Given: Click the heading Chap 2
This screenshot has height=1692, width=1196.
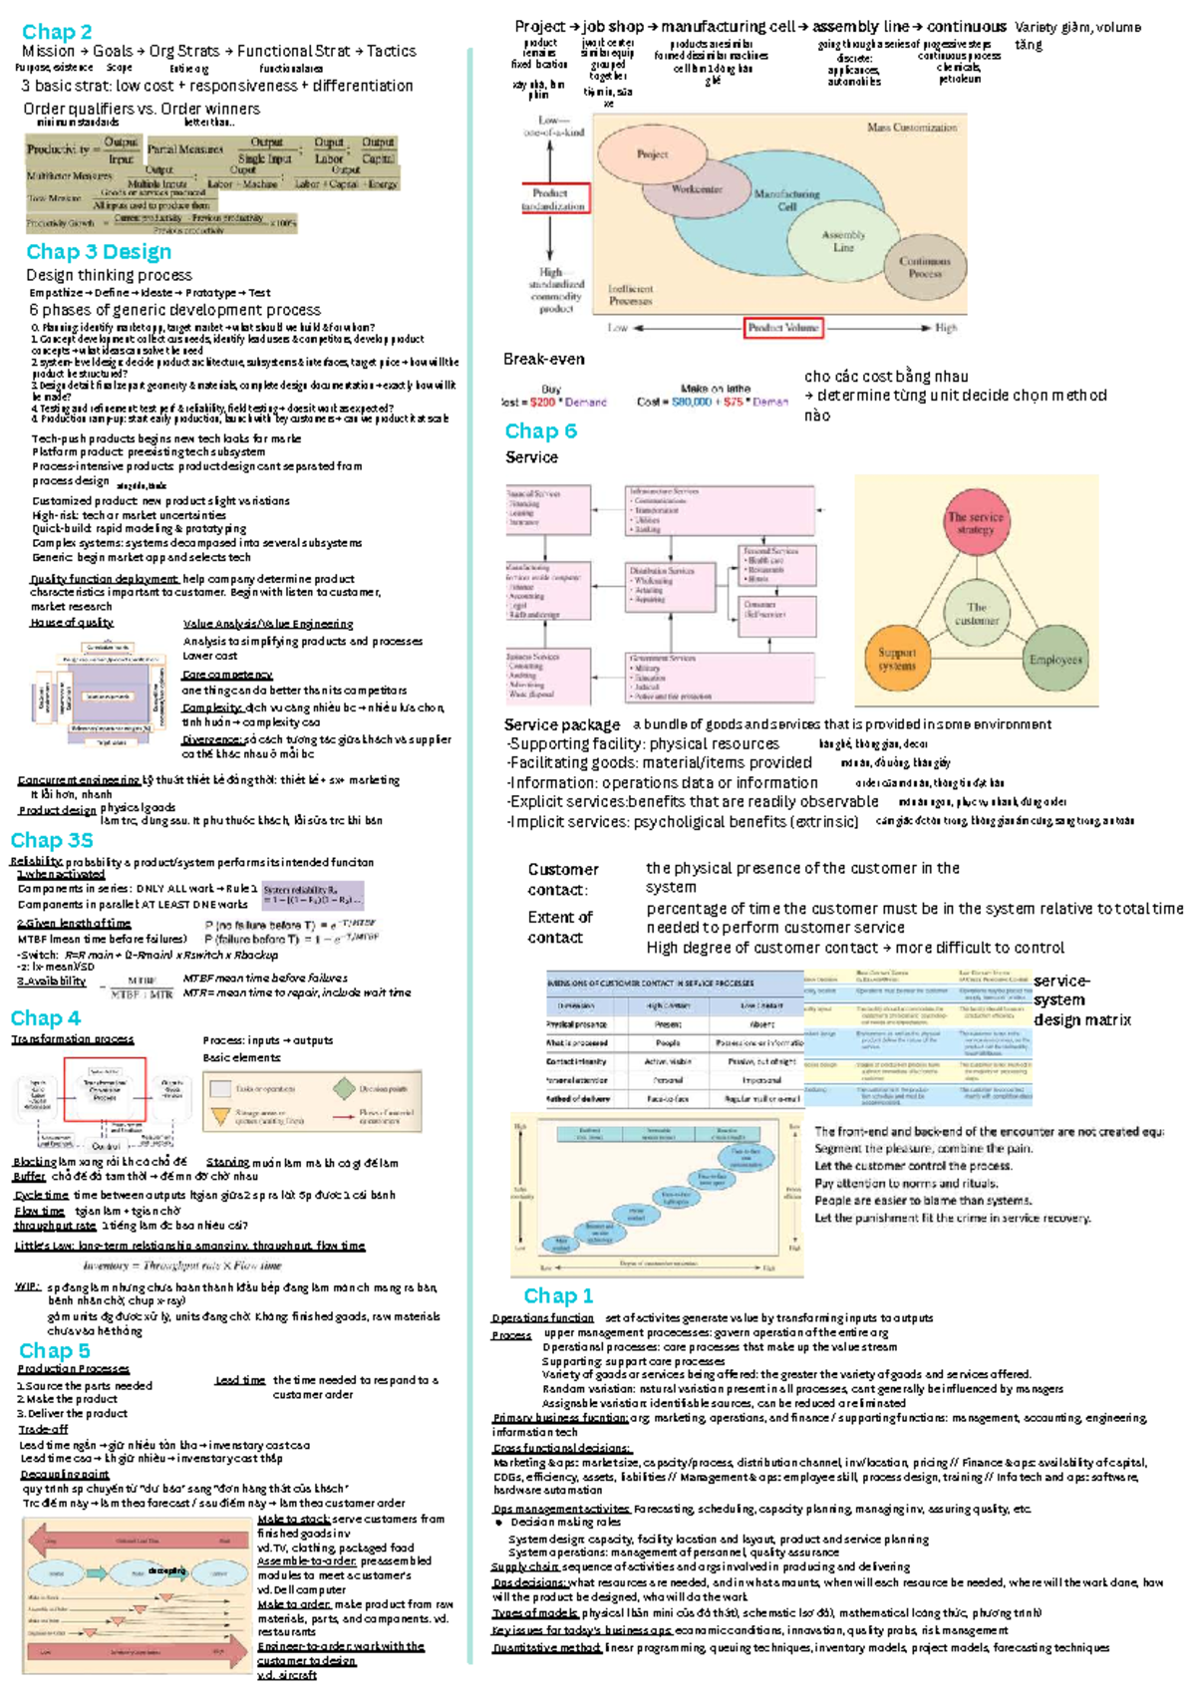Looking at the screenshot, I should point(57,32).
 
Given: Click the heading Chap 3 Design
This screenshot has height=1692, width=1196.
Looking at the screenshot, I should point(99,252).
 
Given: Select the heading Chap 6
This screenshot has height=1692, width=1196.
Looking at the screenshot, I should point(540,431).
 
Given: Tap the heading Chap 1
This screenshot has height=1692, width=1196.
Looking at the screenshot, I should point(558,1295).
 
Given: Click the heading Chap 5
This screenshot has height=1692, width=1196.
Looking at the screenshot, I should point(55,1351).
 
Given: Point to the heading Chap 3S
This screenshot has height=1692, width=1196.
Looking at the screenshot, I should point(52,840).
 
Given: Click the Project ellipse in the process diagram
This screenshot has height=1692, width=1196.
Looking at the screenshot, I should point(653,154).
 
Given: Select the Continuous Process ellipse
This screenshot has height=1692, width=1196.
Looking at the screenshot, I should point(924,267).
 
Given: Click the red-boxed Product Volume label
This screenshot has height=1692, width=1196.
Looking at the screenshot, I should point(783,328).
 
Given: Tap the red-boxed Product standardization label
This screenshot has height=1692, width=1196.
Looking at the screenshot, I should point(555,198).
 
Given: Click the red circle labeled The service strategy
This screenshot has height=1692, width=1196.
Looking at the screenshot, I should point(976,523).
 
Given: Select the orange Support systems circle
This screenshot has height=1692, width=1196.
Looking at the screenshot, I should point(897,660).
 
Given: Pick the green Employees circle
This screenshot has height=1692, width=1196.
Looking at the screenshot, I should point(1055,660).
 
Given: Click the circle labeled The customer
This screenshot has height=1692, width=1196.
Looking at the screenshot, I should point(976,613).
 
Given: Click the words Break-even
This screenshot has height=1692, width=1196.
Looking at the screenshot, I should point(543,359).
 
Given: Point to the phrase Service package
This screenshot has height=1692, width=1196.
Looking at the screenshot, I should point(561,724).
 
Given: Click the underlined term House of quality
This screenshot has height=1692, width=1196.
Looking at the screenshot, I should point(72,623).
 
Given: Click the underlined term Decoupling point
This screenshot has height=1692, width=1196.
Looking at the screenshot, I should point(65,1474).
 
